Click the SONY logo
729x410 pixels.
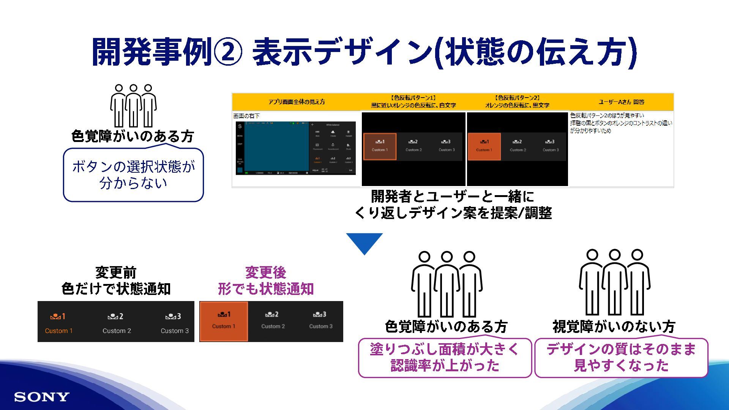click(x=42, y=397)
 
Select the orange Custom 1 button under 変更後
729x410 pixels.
click(x=224, y=321)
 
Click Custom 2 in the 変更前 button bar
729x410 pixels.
click(x=117, y=323)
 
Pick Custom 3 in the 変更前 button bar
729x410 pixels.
click(x=174, y=323)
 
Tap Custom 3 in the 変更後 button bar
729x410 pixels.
click(x=320, y=321)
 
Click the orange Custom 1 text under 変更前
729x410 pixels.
click(x=58, y=331)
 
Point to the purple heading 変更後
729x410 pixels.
click(x=265, y=273)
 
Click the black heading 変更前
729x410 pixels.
click(x=116, y=273)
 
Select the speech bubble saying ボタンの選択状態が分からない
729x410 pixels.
click(x=133, y=175)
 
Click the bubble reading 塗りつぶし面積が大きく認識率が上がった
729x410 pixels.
click(x=445, y=358)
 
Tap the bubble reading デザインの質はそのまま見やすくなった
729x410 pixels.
click(x=621, y=358)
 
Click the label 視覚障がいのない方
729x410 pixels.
click(x=614, y=326)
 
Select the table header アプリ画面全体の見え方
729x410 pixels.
click(x=297, y=102)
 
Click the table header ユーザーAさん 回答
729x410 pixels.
click(x=621, y=102)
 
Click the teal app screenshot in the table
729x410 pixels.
click(x=277, y=146)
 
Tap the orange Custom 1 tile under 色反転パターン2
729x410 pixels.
click(x=484, y=146)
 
